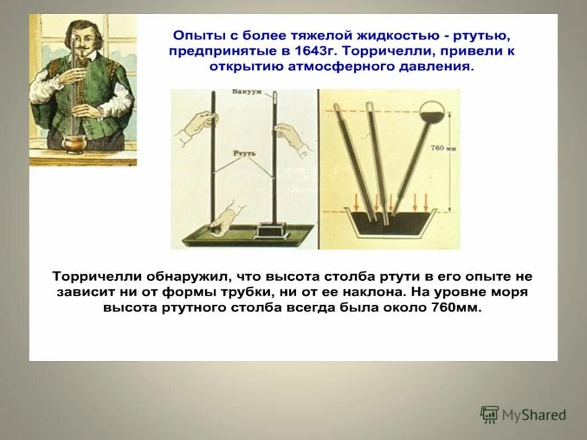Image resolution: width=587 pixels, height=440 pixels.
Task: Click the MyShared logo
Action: (523, 414)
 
